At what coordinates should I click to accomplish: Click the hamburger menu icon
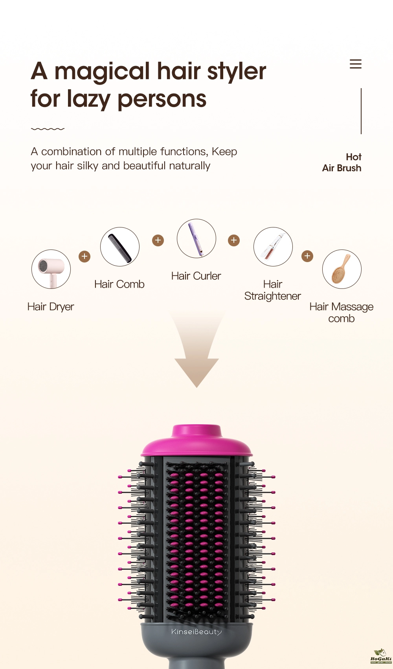(355, 64)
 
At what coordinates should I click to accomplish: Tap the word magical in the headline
(102, 72)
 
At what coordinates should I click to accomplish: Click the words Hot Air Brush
(342, 163)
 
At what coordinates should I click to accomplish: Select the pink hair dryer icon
(51, 269)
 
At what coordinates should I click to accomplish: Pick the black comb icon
(120, 247)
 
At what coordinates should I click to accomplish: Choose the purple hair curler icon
(196, 238)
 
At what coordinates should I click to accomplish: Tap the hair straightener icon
(273, 247)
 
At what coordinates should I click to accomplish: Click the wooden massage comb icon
(342, 269)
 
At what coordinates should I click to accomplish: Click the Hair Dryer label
(51, 307)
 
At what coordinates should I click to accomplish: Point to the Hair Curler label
(196, 276)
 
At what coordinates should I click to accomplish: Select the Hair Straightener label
(272, 290)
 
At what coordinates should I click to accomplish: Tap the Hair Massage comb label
(342, 312)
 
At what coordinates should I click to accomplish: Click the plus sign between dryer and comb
(84, 256)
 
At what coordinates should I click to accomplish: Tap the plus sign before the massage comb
(307, 256)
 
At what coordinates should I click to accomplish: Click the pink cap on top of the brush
(196, 441)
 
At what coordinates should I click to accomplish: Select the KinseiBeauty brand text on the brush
(196, 632)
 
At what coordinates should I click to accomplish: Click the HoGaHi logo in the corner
(381, 656)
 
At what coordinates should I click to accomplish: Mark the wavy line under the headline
(48, 129)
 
